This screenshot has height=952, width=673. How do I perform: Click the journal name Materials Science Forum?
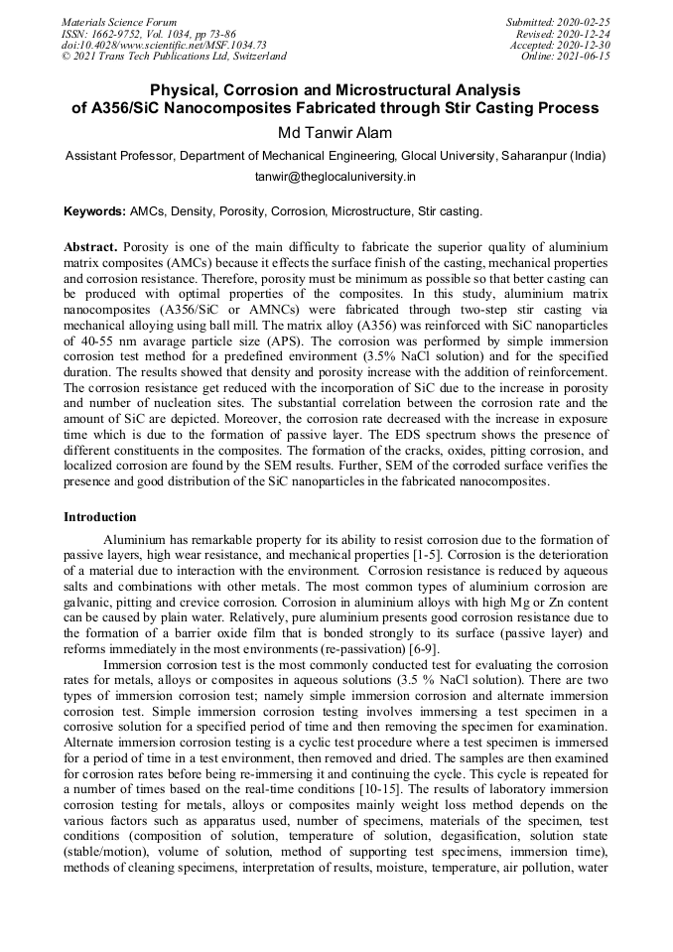pos(119,21)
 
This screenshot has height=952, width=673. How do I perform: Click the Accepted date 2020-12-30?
pos(586,45)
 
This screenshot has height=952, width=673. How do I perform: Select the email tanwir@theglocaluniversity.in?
pos(336,177)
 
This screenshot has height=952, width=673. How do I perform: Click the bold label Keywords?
pos(94,211)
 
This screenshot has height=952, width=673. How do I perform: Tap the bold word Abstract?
pos(89,245)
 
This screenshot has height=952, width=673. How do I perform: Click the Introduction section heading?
pos(99,517)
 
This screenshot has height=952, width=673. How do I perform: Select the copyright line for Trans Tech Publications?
pos(174,57)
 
